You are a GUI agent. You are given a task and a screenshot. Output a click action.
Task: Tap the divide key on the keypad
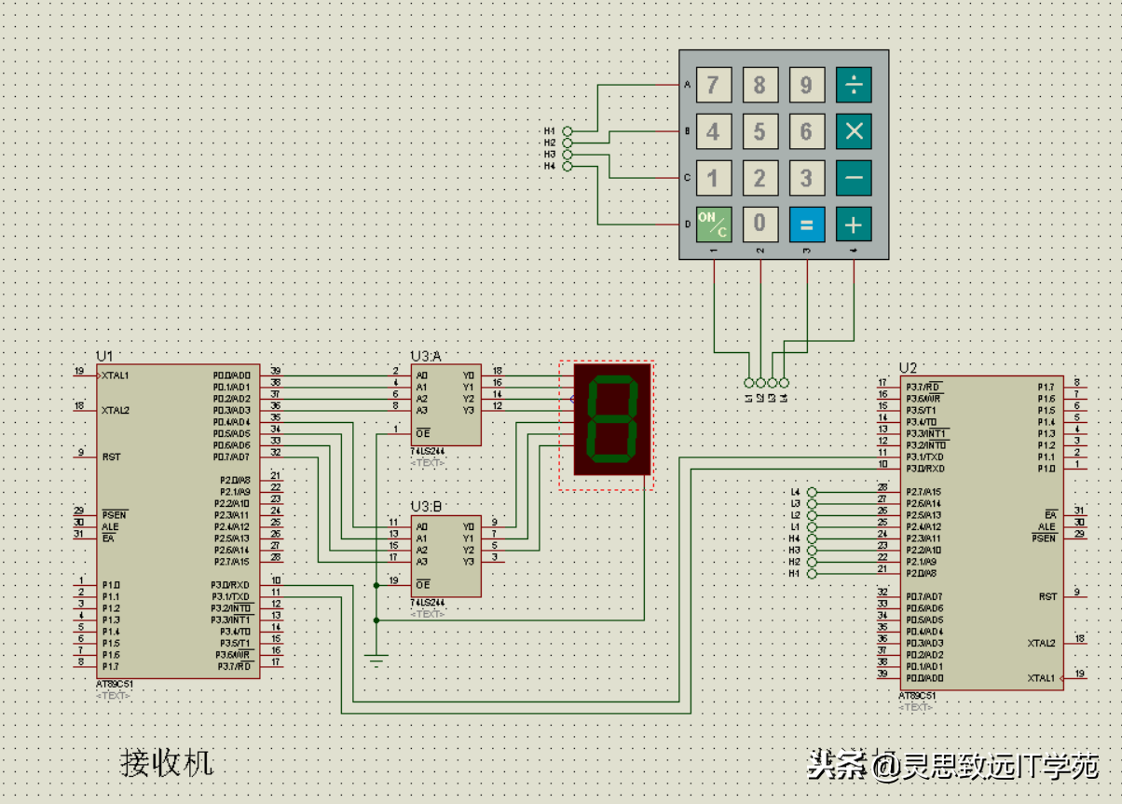pyautogui.click(x=854, y=85)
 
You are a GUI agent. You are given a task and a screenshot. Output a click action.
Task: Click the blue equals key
pyautogui.click(x=807, y=224)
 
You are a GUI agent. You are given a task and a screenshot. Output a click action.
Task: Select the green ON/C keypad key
pyautogui.click(x=714, y=224)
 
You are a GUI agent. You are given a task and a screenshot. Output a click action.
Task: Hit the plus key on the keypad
pyautogui.click(x=854, y=224)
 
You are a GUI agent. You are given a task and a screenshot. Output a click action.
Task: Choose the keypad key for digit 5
pyautogui.click(x=760, y=131)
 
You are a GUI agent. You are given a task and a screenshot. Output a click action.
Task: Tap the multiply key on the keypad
pyautogui.click(x=854, y=131)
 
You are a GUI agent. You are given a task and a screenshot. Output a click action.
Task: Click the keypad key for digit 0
pyautogui.click(x=760, y=224)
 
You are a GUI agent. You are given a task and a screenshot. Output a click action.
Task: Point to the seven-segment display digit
pyautogui.click(x=611, y=419)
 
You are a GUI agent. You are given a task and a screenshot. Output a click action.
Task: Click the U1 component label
pyautogui.click(x=104, y=356)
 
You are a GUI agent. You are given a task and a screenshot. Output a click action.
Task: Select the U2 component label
pyautogui.click(x=908, y=368)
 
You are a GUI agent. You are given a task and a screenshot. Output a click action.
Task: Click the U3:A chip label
pyautogui.click(x=426, y=356)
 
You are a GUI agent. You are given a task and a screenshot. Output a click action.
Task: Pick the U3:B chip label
pyautogui.click(x=426, y=507)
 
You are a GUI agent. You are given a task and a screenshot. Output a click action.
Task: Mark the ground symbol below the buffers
pyautogui.click(x=376, y=660)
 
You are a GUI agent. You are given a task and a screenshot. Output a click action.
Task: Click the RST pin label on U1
pyautogui.click(x=111, y=457)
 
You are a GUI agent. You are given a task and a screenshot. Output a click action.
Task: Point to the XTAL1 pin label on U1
pyautogui.click(x=116, y=375)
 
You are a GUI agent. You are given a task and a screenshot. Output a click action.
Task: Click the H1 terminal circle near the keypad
pyautogui.click(x=568, y=131)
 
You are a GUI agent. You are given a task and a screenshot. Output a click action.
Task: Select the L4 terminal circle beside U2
pyautogui.click(x=812, y=492)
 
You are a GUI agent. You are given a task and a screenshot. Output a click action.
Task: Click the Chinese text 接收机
pyautogui.click(x=167, y=762)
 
